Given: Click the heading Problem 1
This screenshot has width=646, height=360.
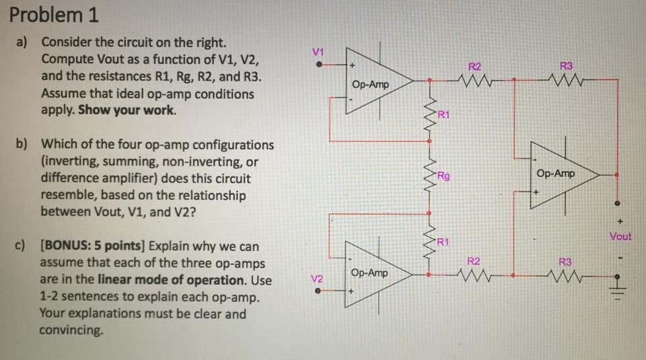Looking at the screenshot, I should coord(50,15).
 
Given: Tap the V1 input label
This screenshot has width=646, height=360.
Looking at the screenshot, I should coord(319,52).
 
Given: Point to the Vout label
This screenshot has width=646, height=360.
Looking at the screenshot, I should coord(620,236).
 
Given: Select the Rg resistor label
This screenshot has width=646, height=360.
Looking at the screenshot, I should coord(442,176).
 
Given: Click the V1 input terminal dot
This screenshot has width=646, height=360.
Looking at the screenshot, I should coord(320,65).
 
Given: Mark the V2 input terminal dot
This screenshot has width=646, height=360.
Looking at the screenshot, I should coord(320,291).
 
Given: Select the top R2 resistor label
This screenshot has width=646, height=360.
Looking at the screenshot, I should coord(474,66).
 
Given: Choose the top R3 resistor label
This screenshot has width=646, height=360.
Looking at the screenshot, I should coord(566,66).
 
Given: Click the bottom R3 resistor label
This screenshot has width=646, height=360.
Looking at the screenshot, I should coord(566,260).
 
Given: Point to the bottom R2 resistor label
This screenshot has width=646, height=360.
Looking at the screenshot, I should coord(474,260).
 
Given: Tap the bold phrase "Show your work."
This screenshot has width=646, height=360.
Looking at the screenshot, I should coord(128,110).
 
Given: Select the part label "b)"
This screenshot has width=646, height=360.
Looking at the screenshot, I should coord(24,144).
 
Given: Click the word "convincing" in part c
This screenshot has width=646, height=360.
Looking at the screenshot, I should coord(71,330).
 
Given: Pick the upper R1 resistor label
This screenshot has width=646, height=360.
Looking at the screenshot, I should coord(443,114).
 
